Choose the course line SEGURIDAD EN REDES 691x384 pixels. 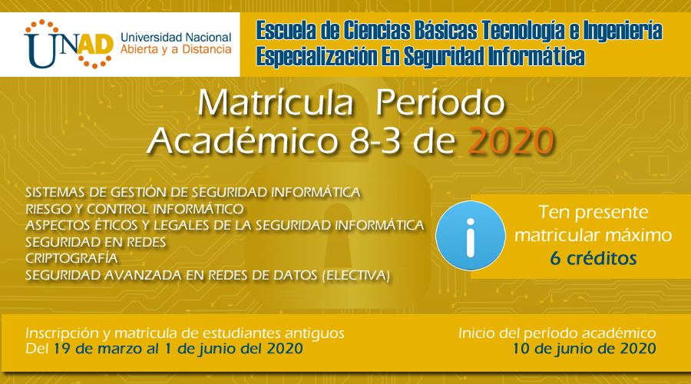tap(96, 242)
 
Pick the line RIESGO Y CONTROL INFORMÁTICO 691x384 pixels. tap(135, 208)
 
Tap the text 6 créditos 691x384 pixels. tap(593, 259)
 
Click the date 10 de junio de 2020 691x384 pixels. tap(584, 349)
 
